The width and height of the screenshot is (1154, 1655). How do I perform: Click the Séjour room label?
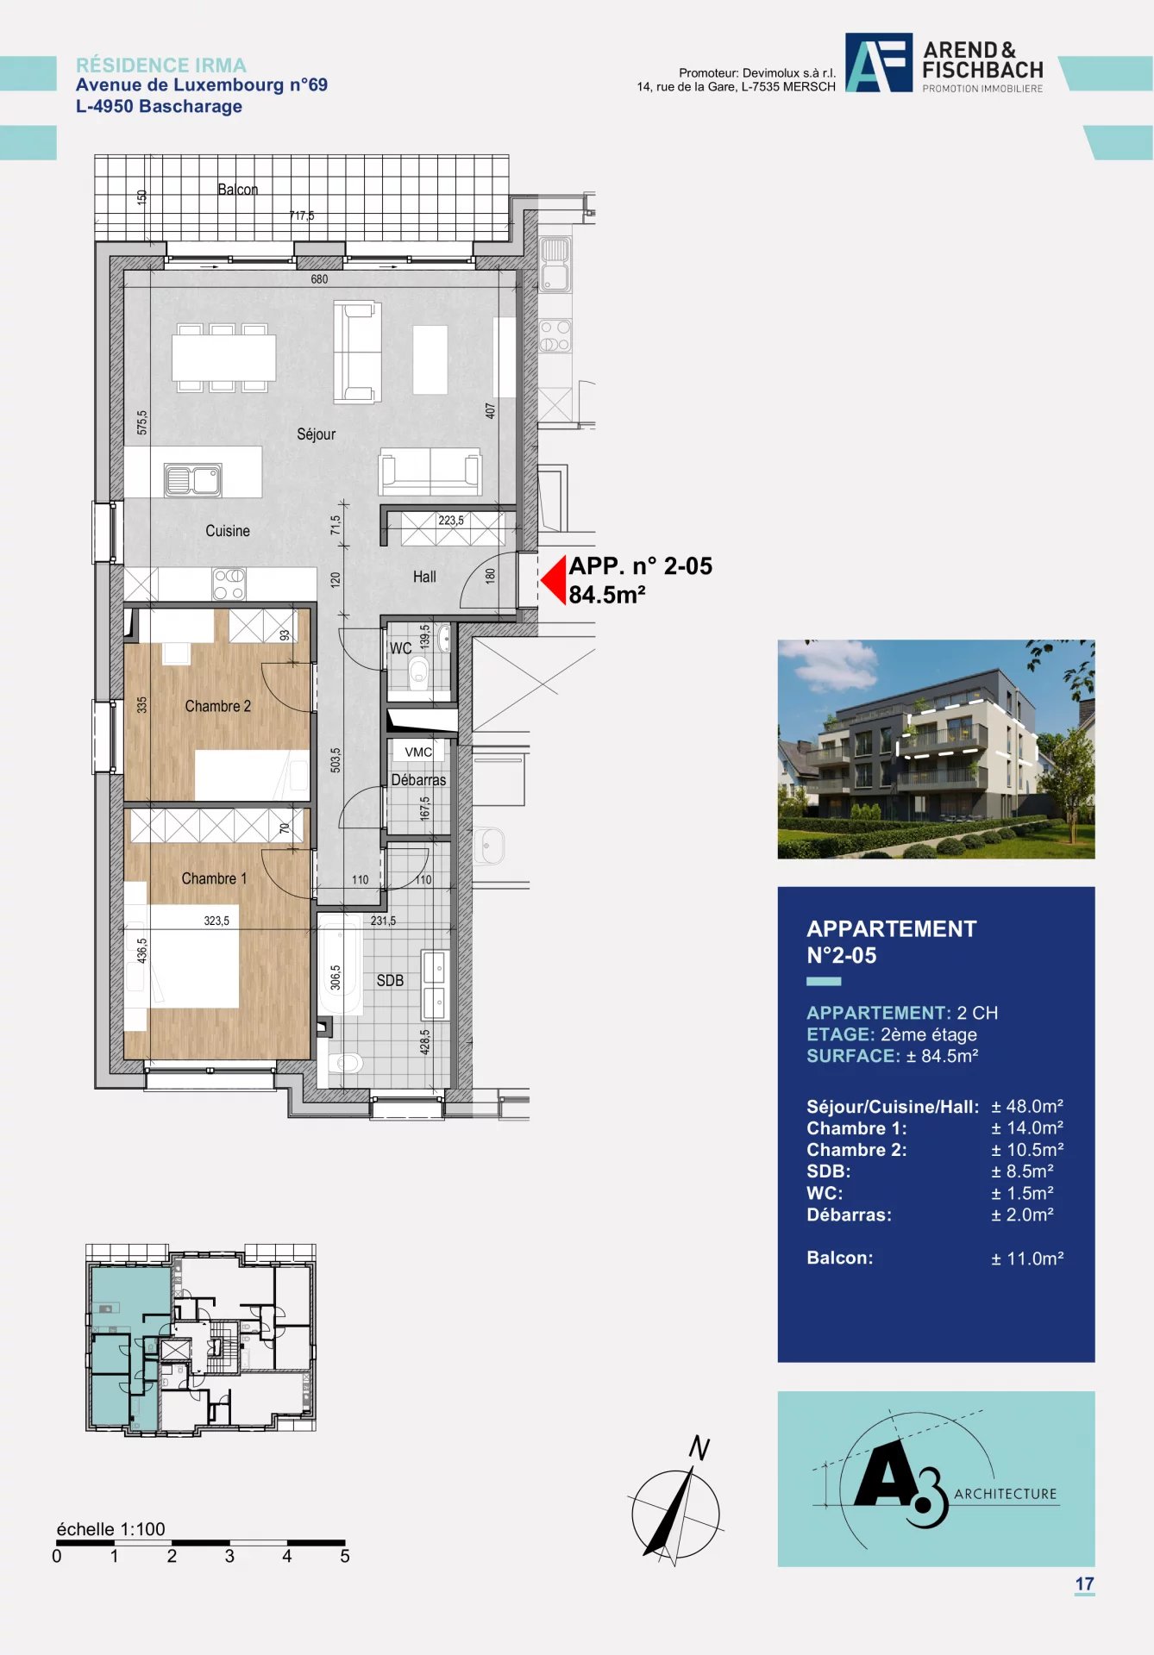(316, 434)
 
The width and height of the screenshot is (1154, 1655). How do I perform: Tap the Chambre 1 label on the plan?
(214, 878)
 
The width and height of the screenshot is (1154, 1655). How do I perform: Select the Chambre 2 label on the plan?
(218, 706)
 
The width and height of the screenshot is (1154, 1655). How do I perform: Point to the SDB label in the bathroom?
(390, 981)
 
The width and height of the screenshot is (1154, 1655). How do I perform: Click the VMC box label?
(418, 752)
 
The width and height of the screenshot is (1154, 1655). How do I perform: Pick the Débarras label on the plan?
(418, 780)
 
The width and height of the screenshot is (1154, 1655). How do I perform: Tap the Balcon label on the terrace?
(237, 190)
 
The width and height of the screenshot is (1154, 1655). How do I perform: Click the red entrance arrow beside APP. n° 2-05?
(553, 580)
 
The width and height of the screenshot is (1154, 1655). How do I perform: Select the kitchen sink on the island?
(193, 480)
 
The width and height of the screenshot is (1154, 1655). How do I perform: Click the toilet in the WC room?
(419, 670)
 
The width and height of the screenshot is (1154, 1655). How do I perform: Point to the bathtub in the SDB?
(340, 964)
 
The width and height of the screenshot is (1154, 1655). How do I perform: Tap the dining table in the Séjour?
(223, 358)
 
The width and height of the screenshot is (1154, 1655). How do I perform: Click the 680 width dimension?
(319, 279)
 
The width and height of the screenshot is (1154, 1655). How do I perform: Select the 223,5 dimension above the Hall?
(451, 521)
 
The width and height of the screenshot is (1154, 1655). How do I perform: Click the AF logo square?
(879, 63)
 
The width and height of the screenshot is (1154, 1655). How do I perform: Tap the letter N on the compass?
(699, 1448)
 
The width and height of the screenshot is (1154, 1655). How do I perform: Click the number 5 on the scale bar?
(345, 1556)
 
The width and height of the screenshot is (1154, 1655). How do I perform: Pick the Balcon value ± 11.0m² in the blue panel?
(1027, 1258)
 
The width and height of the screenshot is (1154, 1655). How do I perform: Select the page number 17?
(1084, 1583)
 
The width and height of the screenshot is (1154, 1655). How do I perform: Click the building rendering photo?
(936, 749)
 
